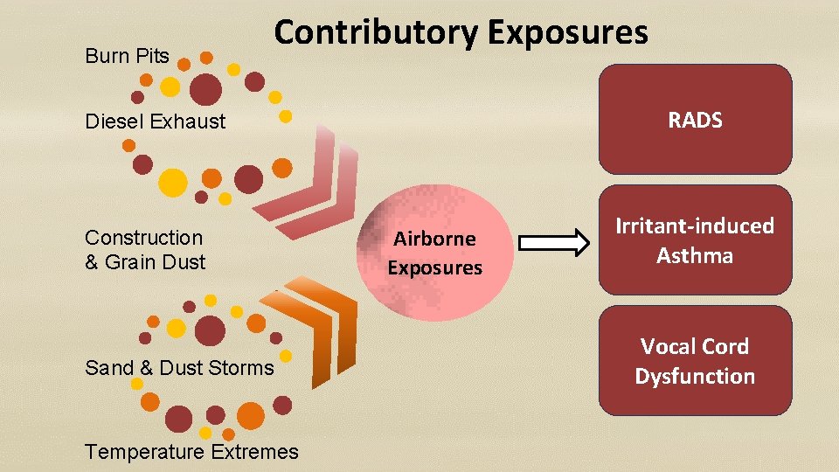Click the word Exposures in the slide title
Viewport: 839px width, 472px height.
pos(568,33)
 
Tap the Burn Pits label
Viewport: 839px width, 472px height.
pos(127,57)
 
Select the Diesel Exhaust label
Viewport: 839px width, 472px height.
pos(155,121)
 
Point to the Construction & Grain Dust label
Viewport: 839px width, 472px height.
pos(144,250)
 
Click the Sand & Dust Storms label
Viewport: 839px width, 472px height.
pos(179,368)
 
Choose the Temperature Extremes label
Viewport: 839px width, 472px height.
pos(191,452)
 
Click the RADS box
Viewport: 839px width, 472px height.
pos(695,121)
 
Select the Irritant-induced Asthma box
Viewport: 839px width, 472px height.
pos(695,240)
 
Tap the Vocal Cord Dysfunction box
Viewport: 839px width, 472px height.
pos(695,361)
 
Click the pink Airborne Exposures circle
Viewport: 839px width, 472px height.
pos(434,252)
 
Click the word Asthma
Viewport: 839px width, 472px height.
pos(695,256)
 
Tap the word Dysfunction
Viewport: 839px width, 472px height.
pos(695,377)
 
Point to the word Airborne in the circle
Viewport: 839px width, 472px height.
pos(434,239)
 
